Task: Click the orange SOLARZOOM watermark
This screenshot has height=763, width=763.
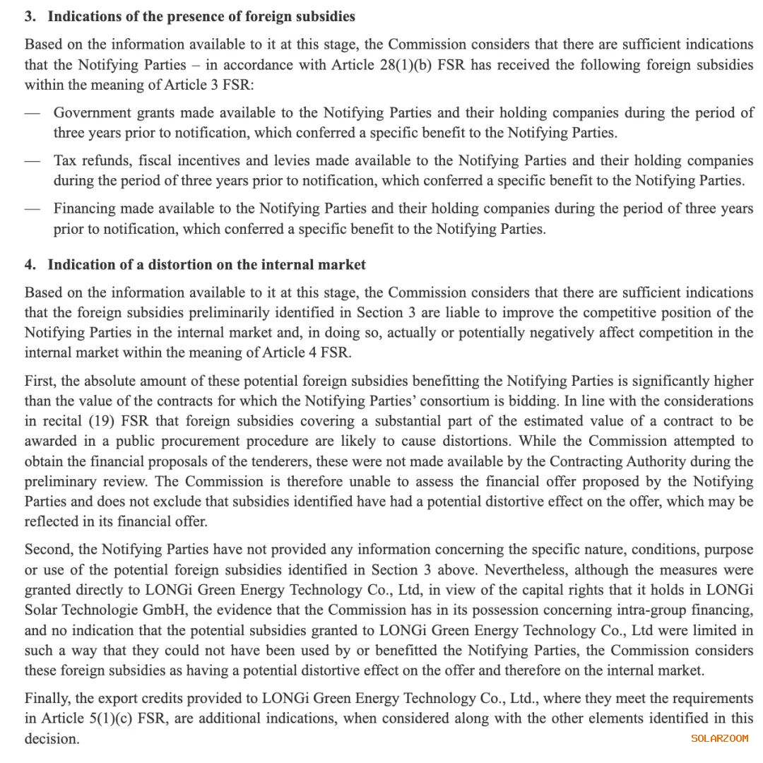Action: coord(719,738)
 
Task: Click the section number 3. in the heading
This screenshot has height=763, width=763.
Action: coord(30,16)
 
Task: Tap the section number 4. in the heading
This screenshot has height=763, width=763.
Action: coord(30,265)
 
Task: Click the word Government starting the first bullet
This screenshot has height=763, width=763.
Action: coord(92,112)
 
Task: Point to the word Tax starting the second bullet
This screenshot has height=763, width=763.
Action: coord(65,160)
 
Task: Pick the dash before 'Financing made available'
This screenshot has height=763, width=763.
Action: coord(32,209)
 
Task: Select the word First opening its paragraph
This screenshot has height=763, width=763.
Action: coord(40,381)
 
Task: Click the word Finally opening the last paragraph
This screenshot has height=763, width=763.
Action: coord(47,699)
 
